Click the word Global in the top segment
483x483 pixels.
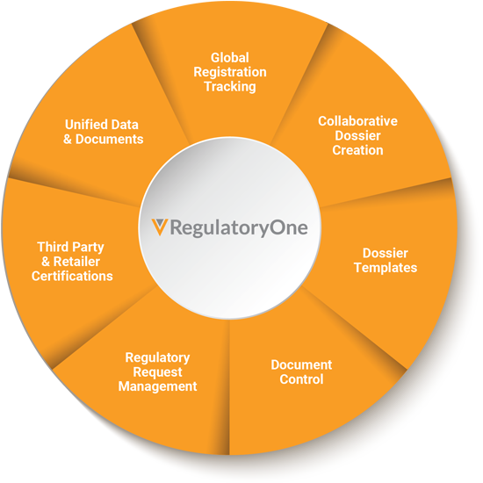coord(230,58)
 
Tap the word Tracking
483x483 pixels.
coord(230,87)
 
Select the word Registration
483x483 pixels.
coord(230,72)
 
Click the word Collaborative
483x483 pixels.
coord(357,121)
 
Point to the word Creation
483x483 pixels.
coord(357,150)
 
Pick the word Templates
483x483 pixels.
coord(386,268)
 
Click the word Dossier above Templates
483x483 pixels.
coord(386,253)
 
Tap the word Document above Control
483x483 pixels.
coord(301,365)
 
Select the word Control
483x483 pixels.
coord(301,379)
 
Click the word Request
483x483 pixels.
coord(157,372)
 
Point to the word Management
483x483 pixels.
coord(157,386)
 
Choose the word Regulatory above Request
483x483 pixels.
coord(157,358)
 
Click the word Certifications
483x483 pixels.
coord(72,277)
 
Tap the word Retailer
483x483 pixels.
coord(76,262)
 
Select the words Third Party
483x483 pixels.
coord(70,248)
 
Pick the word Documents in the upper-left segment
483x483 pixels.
coord(110,140)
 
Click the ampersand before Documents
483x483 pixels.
coord(68,140)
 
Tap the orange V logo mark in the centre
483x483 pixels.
coord(160,227)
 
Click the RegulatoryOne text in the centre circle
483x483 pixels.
coord(239,228)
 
